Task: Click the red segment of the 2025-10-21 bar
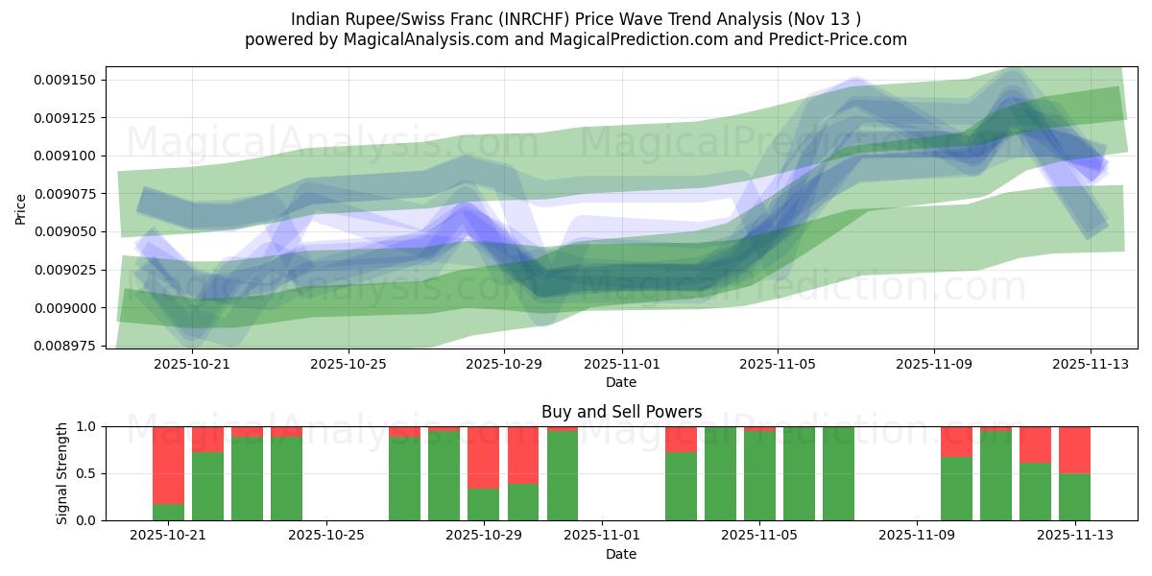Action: [168, 465]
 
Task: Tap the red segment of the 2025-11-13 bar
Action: [1074, 449]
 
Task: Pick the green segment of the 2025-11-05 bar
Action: [759, 475]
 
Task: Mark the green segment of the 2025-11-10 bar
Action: [956, 489]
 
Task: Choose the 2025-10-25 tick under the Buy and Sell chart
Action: [326, 535]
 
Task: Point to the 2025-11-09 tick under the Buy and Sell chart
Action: [917, 535]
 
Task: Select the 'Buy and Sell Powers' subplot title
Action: [621, 412]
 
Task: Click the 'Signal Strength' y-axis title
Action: [62, 473]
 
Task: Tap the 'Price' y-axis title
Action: [21, 207]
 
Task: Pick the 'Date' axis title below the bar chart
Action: [621, 554]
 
